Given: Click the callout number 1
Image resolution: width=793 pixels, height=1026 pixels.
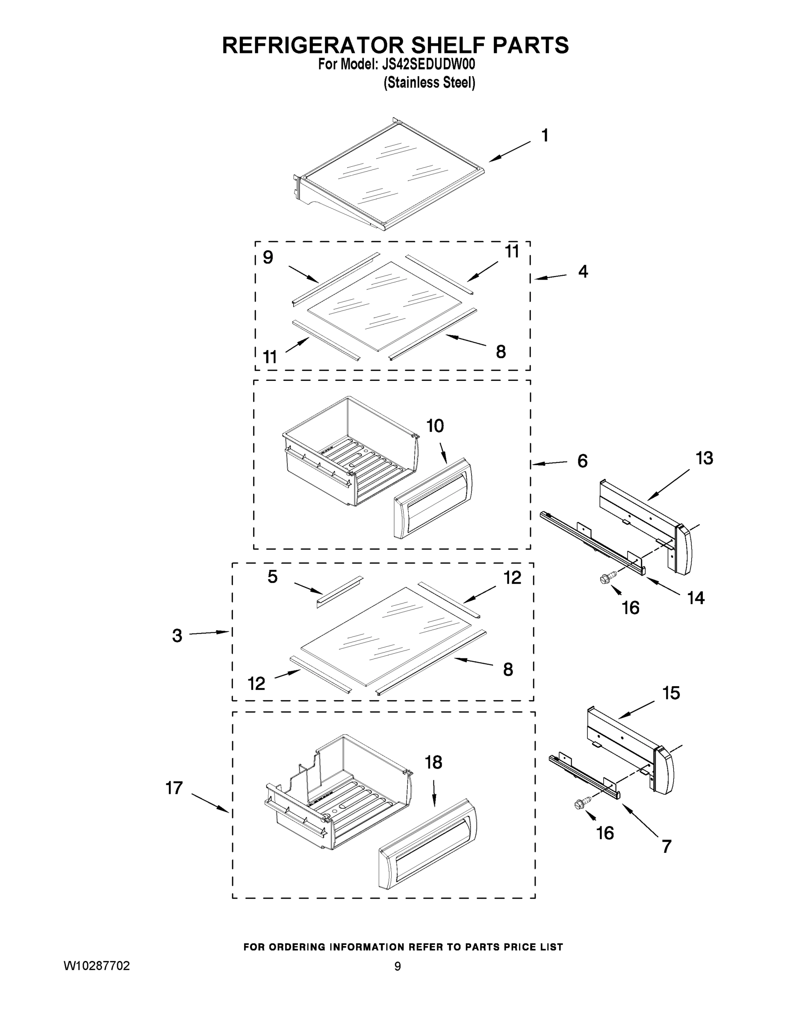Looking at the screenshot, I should [545, 136].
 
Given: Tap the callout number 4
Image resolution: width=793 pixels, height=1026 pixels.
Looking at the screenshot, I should [583, 271].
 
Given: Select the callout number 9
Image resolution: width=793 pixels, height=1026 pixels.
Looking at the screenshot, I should [268, 257].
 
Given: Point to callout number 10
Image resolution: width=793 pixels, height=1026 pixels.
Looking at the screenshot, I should [435, 426].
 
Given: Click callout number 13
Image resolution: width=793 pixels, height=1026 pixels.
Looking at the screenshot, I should [704, 458].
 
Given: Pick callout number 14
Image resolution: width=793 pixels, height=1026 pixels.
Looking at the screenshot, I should [696, 598].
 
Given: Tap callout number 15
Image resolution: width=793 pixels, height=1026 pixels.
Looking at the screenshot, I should [671, 693].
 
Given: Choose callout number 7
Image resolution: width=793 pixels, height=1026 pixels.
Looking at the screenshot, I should [666, 846].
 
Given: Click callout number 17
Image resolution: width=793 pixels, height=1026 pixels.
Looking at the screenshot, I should [174, 788].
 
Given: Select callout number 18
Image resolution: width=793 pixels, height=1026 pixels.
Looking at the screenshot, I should [433, 763].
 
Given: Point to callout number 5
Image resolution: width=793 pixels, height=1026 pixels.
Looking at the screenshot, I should [272, 577].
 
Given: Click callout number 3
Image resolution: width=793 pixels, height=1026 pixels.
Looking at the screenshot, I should [177, 636].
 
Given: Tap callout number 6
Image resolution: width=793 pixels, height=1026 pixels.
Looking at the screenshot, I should [583, 461].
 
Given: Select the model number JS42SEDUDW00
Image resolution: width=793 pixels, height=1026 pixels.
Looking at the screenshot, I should [427, 65].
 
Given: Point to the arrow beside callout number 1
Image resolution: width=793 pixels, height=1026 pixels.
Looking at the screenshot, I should [509, 152].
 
